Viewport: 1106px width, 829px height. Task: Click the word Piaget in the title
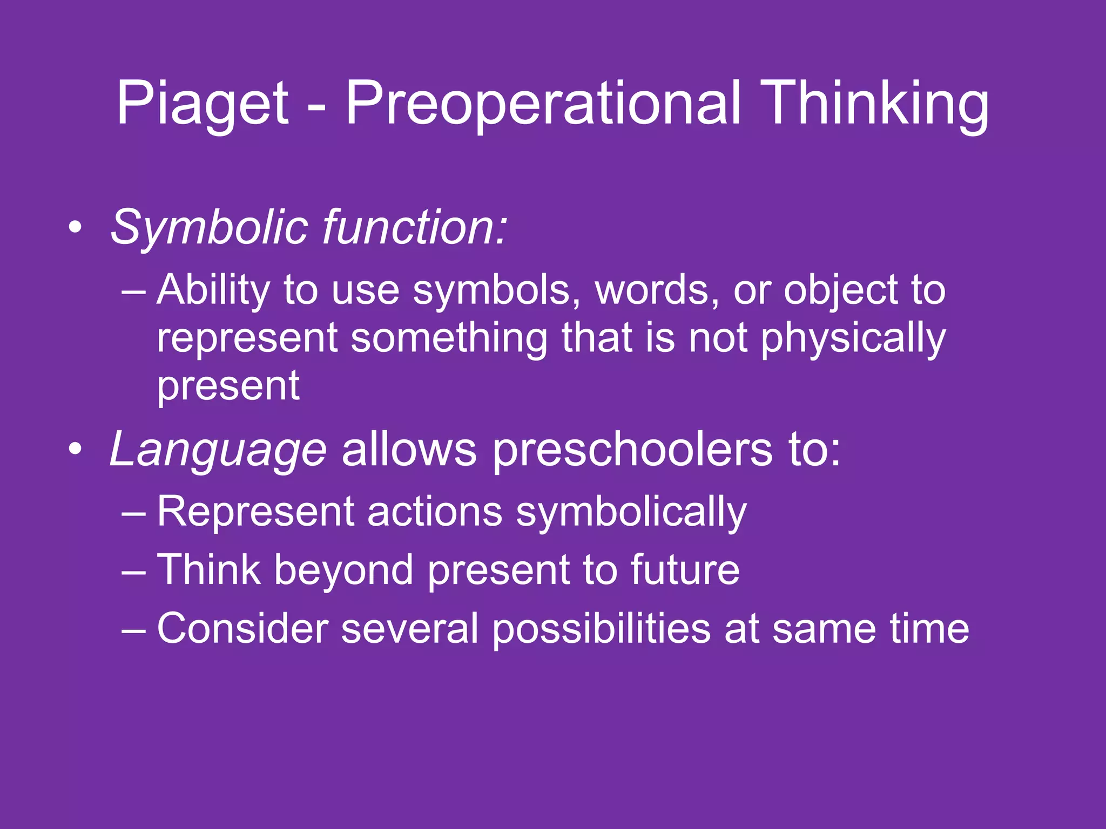point(202,104)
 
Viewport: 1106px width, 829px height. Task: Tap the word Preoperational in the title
point(543,104)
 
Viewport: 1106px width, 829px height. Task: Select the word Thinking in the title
point(878,104)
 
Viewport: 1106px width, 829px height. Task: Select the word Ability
point(213,290)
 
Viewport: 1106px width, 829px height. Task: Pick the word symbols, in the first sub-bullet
point(496,290)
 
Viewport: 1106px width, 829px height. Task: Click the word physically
point(853,338)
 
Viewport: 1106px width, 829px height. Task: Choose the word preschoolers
point(632,450)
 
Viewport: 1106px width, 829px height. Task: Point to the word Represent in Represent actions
point(255,512)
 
